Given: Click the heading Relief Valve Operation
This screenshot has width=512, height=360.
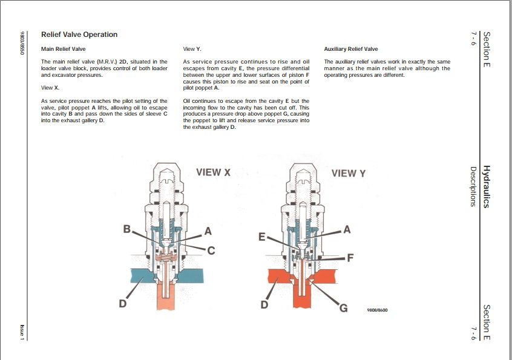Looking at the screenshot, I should [79, 34].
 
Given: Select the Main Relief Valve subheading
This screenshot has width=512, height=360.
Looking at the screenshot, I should [63, 48].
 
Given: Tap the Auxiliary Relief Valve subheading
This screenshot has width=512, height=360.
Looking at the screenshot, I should [351, 49].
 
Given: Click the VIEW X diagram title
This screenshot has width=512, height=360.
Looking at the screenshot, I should [213, 172].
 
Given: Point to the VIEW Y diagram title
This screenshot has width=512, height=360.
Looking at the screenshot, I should [349, 174].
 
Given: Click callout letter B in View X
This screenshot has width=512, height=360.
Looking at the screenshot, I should [127, 229].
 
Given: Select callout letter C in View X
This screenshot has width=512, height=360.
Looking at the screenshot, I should [212, 250].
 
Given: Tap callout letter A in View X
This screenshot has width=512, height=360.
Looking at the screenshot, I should [208, 231].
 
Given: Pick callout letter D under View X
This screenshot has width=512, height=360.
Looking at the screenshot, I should [122, 304].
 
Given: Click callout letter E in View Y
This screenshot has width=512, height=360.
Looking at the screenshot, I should [262, 237].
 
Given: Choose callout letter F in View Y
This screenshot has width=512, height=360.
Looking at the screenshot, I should [350, 257].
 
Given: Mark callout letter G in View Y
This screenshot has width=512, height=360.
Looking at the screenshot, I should [343, 308].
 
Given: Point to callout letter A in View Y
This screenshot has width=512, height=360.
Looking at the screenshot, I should [347, 229].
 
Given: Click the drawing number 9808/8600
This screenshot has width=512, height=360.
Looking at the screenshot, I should [377, 310].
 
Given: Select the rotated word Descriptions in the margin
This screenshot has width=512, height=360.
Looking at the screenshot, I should [473, 186].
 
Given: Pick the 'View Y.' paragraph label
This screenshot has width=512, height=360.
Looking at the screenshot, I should [192, 48].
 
